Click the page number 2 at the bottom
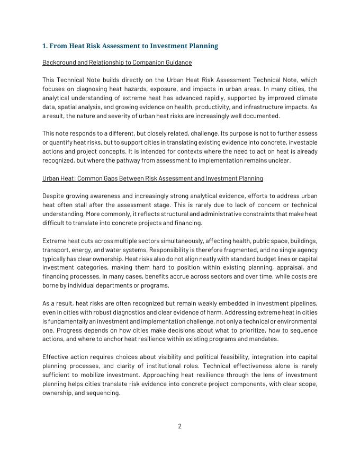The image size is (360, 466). point(180,426)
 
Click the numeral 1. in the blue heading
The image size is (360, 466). point(45,46)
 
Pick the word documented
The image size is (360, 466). point(262,116)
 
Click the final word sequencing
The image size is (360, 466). point(102,393)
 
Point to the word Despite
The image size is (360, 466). point(53,196)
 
